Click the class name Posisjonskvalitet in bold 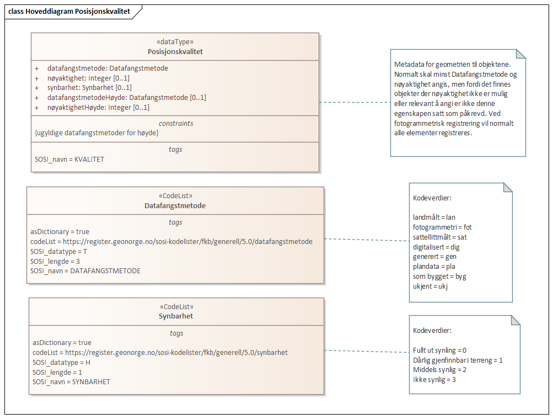click(x=175, y=51)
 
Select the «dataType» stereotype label click(x=175, y=41)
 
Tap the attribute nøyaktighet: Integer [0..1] click(x=88, y=78)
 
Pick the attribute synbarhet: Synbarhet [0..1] click(x=89, y=88)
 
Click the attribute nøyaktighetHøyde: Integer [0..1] click(x=98, y=108)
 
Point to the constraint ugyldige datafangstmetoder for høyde click(x=96, y=132)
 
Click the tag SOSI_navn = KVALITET click(x=69, y=159)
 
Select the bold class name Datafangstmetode click(x=175, y=205)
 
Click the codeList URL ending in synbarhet click(x=160, y=352)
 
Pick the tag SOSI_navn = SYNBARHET click(x=71, y=382)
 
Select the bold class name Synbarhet click(x=176, y=316)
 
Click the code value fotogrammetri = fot click(x=442, y=227)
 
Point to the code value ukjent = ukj click(x=430, y=287)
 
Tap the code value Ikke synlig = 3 click(x=434, y=380)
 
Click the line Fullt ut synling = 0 click(x=439, y=350)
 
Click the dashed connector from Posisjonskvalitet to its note click(x=355, y=102)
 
